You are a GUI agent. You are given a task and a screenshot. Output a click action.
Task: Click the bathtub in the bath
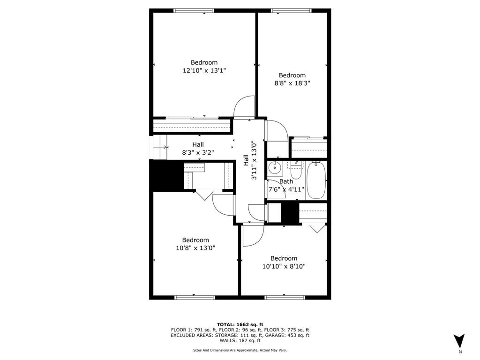point(316,180)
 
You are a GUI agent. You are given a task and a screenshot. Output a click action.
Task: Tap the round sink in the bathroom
point(274,167)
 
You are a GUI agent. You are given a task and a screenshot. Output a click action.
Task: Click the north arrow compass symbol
point(459,341)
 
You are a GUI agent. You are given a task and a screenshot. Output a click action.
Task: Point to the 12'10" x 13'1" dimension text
point(204,70)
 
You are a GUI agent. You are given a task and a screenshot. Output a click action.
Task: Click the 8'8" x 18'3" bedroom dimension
point(292,83)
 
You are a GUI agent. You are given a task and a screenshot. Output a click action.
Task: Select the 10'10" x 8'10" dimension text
point(284,266)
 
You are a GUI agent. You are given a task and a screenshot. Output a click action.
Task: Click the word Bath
point(286,181)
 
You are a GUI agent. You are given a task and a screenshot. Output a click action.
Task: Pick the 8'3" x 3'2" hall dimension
point(198,152)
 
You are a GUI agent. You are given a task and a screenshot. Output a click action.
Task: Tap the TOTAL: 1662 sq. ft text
point(240,324)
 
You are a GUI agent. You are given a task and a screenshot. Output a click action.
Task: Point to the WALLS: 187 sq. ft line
point(240,340)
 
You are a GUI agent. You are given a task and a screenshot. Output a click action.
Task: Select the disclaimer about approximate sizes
point(240,350)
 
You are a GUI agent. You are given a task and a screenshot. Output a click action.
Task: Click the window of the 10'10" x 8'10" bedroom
point(285,297)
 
